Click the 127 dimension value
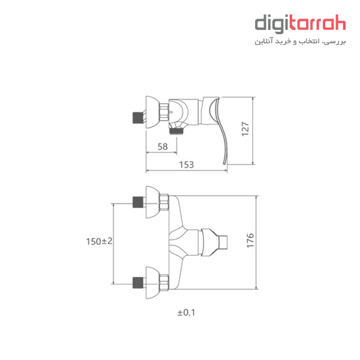pos(245,129)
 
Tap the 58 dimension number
pos(163,147)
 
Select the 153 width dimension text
pos(187,164)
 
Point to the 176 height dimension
pos(250,241)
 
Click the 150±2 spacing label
pos(99,241)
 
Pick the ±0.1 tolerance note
pos(186,313)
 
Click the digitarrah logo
pos(300,24)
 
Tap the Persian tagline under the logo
pos(300,41)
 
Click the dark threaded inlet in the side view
pos(138,118)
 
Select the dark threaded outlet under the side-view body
pos(176,131)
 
